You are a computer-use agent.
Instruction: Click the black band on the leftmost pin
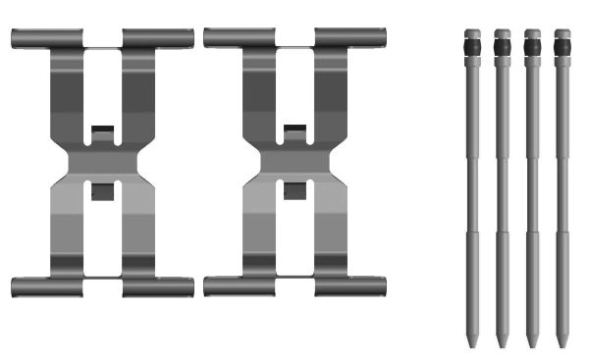[x=472, y=46]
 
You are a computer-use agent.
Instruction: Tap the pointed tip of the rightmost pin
[x=562, y=342]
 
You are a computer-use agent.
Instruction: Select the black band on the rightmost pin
[x=562, y=46]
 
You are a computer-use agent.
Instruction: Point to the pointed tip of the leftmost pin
[x=472, y=342]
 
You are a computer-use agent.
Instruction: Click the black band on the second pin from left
[x=502, y=46]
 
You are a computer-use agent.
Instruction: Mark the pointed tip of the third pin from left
[x=532, y=342]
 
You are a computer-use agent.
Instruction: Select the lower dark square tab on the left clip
[x=102, y=191]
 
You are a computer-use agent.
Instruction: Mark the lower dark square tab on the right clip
[x=294, y=191]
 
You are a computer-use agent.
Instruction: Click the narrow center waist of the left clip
[x=102, y=162]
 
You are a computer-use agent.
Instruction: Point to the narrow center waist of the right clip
[x=294, y=162]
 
